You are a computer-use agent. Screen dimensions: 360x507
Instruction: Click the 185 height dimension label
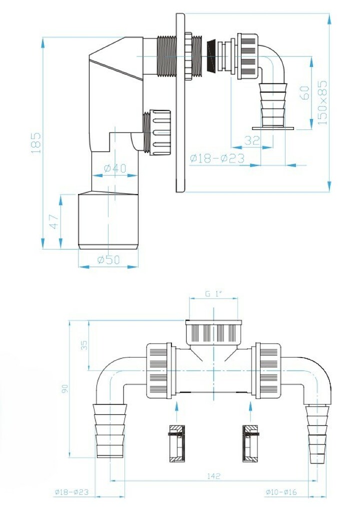36,142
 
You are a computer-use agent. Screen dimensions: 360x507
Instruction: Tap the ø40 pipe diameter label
115,168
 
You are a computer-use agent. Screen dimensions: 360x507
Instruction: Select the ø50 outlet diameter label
108,259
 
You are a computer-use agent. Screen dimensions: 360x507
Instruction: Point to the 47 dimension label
54,221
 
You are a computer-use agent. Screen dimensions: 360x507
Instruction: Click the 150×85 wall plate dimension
322,103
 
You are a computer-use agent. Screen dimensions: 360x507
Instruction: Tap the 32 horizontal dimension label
252,140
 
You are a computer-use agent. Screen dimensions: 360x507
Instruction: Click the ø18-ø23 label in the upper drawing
217,158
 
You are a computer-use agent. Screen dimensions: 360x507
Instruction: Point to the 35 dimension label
84,345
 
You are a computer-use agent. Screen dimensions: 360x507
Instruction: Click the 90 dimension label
65,388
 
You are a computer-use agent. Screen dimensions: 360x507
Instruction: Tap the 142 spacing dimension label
213,476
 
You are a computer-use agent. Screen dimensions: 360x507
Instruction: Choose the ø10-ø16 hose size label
281,492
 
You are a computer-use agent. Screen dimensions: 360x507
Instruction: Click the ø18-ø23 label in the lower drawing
71,492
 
